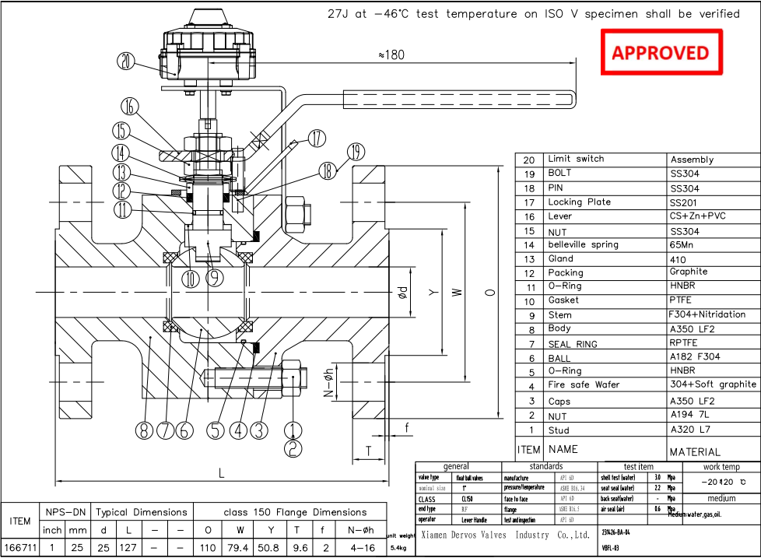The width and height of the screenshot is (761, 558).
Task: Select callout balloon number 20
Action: point(126,61)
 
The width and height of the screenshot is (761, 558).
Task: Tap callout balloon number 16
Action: point(130,107)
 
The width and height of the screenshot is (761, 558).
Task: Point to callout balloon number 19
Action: point(355,151)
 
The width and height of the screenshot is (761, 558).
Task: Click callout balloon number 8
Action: point(144,430)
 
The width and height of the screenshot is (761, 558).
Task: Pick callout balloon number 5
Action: point(216,430)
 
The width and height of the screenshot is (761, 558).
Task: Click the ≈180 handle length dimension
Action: point(391,54)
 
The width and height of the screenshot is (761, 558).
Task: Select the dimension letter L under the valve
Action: point(223,472)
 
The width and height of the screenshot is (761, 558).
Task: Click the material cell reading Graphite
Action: point(689,272)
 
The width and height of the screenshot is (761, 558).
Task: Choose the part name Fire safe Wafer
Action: point(584,385)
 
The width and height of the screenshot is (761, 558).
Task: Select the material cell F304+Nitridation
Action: point(707,314)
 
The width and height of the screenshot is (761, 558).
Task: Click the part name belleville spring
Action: point(583,244)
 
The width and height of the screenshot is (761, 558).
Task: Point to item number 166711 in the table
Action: point(20,548)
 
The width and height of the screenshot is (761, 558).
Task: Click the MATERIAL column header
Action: point(695,451)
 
